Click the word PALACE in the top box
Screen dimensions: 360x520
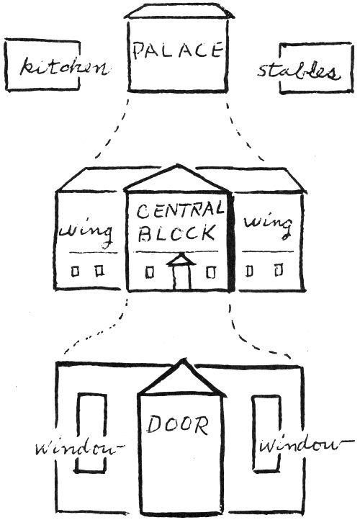coord(178,51)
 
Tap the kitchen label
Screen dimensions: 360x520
coord(64,67)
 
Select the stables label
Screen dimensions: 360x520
coord(299,72)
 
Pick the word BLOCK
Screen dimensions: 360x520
coord(176,233)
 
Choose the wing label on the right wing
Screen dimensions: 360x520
coord(268,226)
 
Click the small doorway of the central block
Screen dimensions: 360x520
coord(181,277)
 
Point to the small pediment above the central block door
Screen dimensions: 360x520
coord(181,259)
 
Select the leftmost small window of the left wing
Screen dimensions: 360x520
coord(76,272)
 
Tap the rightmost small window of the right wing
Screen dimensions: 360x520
coord(279,269)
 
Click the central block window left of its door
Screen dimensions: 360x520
coord(150,272)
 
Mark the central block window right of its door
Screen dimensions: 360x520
coord(210,272)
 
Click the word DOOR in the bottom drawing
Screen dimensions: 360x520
coord(178,425)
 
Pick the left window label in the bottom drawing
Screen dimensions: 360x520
coord(79,449)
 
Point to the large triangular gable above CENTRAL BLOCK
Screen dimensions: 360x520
coord(178,179)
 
